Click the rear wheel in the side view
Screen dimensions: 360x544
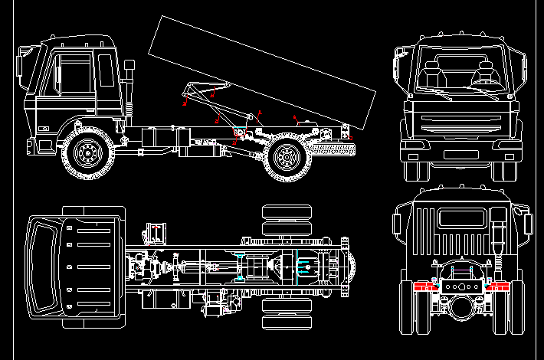pos(287,157)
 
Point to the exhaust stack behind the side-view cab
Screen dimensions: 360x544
pos(129,92)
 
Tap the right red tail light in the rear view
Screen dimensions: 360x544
pos(500,286)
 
